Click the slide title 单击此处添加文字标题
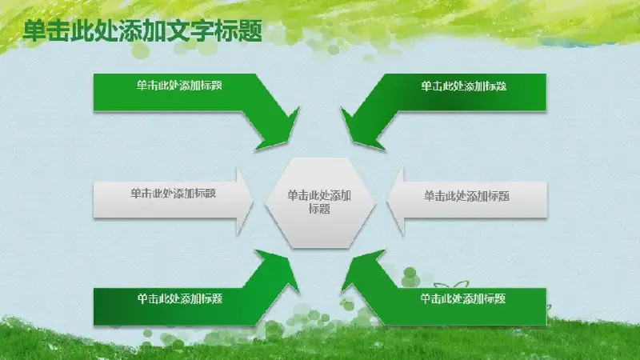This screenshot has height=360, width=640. click(x=142, y=31)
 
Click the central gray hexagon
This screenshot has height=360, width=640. click(x=320, y=203)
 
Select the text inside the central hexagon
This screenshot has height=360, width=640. click(x=319, y=202)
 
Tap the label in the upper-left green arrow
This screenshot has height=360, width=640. click(x=179, y=86)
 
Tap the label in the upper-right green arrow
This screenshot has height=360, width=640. click(x=464, y=86)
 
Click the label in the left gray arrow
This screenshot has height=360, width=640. click(x=173, y=193)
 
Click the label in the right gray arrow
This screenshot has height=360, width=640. click(x=466, y=196)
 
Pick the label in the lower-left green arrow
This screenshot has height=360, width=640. click(x=179, y=298)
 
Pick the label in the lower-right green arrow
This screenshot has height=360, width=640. click(x=463, y=298)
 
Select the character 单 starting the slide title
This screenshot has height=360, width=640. click(x=34, y=31)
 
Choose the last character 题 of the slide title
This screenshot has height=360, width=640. click(x=250, y=31)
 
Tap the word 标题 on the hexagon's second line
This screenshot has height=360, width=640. click(x=319, y=209)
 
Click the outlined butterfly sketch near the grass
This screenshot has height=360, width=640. click(x=451, y=286)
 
